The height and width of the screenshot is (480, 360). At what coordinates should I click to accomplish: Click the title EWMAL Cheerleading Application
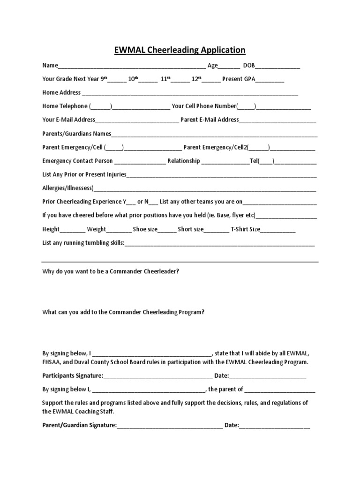click(x=180, y=50)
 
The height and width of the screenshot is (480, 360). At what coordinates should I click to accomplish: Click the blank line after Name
click(x=132, y=67)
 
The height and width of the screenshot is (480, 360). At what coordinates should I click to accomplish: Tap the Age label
click(x=213, y=66)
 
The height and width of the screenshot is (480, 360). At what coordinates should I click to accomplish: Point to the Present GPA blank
click(x=270, y=80)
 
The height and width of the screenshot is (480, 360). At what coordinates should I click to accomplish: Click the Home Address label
click(x=61, y=92)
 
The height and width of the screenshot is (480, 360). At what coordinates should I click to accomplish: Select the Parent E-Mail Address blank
click(x=277, y=121)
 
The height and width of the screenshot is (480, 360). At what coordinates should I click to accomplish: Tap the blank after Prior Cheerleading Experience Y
click(x=131, y=203)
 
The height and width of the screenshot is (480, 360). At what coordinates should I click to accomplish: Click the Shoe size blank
click(x=167, y=230)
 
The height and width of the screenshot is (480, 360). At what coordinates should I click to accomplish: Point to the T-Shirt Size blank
click(x=278, y=230)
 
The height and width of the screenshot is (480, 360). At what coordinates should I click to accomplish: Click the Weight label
click(x=97, y=229)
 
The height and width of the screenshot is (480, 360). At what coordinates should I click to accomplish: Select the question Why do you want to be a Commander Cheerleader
click(x=111, y=271)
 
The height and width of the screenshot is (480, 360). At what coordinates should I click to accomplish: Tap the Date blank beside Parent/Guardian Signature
click(x=275, y=427)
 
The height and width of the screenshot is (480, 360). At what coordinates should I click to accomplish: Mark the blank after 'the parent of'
click(x=280, y=390)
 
